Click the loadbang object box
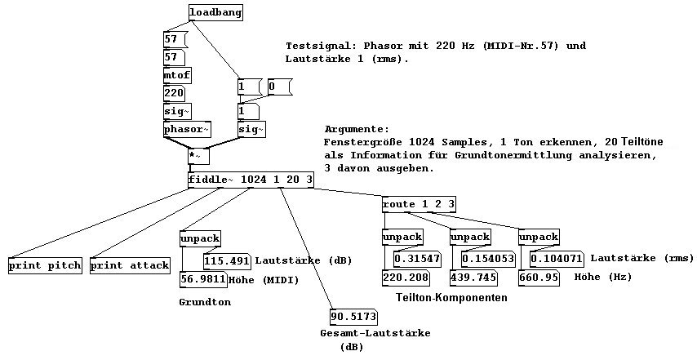[215, 13]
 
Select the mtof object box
[177, 75]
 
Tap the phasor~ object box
[187, 129]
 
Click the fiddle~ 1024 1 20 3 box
[251, 180]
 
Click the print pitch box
[45, 265]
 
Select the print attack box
[130, 265]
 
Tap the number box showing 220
[175, 93]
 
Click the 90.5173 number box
[354, 316]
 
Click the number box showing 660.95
[539, 277]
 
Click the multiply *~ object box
[198, 154]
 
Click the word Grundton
[204, 302]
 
